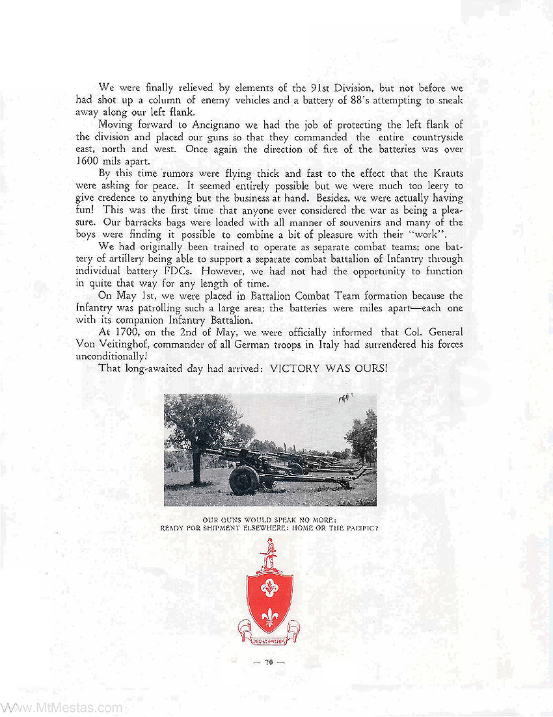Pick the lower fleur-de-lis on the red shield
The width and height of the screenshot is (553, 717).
269,614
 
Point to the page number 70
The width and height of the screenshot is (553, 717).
269,663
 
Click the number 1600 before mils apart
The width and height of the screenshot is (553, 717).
89,161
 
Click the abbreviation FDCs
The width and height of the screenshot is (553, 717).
184,272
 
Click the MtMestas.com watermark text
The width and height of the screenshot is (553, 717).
61,707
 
